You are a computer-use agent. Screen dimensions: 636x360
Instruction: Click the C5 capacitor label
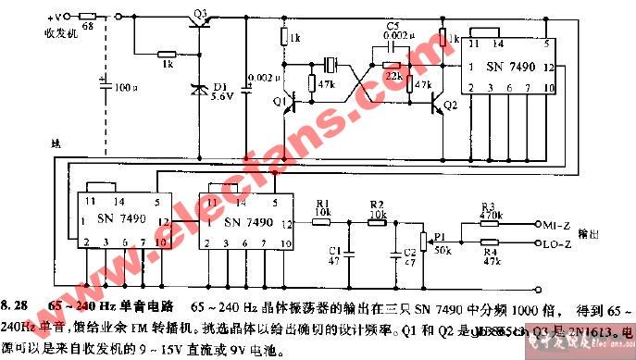[393, 25]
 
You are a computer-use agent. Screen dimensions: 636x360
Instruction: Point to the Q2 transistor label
[451, 106]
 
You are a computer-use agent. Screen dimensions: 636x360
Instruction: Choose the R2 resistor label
[376, 204]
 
